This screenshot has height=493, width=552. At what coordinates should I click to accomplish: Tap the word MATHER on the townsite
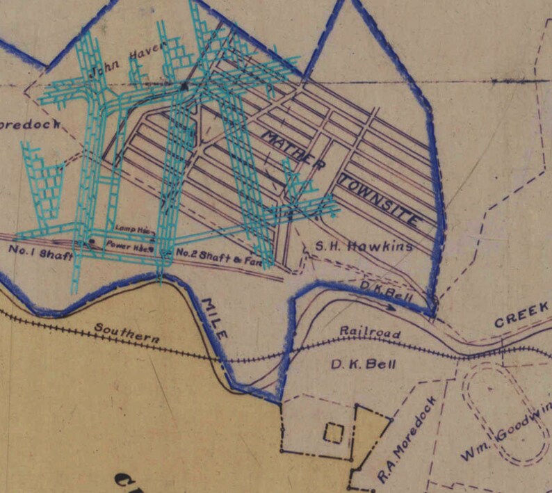pyautogui.click(x=291, y=149)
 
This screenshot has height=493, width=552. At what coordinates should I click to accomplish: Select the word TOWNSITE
pyautogui.click(x=380, y=201)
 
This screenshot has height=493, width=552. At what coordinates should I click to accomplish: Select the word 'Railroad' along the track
pyautogui.click(x=370, y=332)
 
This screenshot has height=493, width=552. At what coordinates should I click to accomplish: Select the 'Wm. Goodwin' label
pyautogui.click(x=505, y=435)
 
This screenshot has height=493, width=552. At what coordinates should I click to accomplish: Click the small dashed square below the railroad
pyautogui.click(x=333, y=433)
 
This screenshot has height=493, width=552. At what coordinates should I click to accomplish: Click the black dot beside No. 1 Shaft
pyautogui.click(x=92, y=242)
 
